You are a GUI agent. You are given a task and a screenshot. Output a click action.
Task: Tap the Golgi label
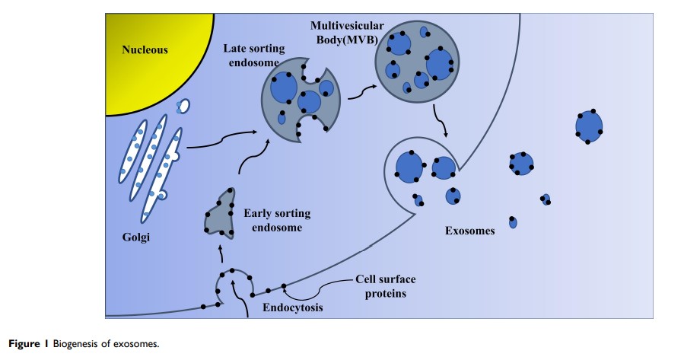coord(136,237)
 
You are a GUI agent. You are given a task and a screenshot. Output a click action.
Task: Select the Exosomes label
coord(470,231)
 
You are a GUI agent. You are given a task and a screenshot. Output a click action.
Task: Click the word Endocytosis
coord(293,308)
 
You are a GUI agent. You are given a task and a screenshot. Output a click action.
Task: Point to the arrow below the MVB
coord(440,121)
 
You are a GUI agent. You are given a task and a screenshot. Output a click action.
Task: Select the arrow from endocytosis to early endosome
coord(219,250)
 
